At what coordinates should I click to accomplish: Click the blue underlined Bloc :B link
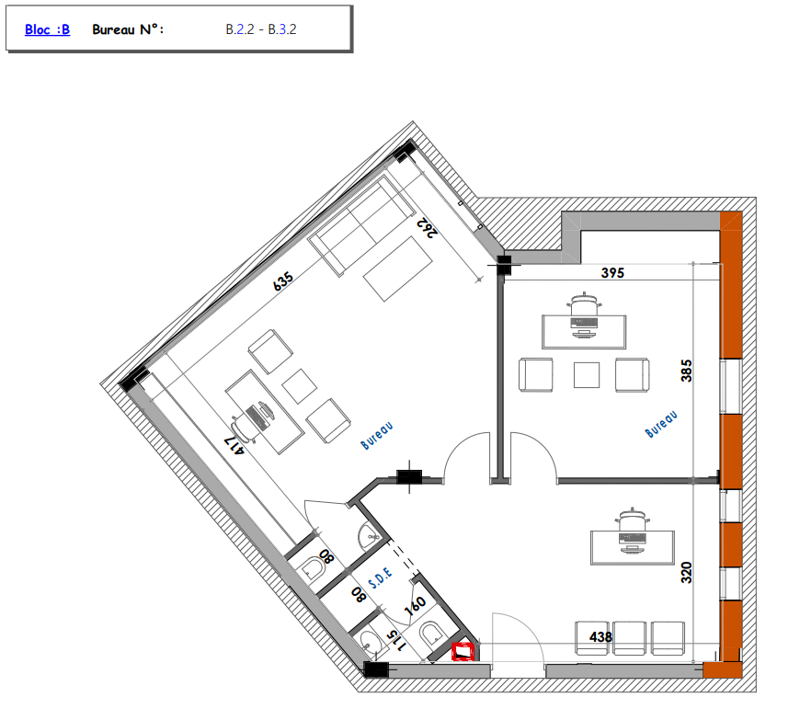click(48, 29)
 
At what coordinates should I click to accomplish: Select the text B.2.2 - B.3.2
click(261, 29)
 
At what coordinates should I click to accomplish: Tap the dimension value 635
click(283, 281)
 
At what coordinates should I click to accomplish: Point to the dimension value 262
click(428, 227)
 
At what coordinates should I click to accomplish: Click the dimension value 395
click(612, 273)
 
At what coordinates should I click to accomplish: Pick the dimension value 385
click(686, 371)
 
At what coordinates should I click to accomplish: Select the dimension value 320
click(686, 572)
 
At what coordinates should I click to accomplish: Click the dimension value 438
click(600, 637)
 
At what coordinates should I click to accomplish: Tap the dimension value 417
click(235, 445)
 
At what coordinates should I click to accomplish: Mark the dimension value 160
click(415, 606)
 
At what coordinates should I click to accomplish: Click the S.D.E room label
click(381, 577)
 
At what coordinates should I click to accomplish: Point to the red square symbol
click(463, 652)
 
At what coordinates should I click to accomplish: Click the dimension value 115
click(396, 641)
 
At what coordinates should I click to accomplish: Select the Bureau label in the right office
click(661, 424)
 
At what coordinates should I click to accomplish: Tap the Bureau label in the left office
click(376, 436)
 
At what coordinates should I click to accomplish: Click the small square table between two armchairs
click(587, 375)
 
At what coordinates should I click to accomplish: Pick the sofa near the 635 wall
click(361, 226)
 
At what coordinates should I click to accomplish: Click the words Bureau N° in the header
click(128, 29)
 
